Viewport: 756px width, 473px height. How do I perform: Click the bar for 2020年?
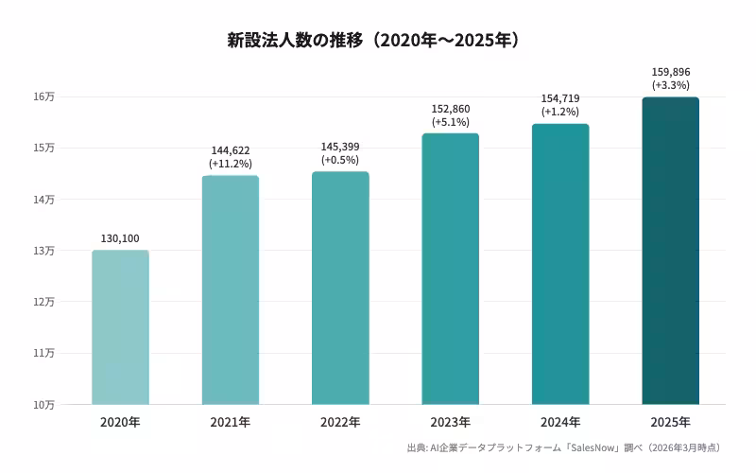(x=121, y=327)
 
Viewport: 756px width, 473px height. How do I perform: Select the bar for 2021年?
(x=231, y=290)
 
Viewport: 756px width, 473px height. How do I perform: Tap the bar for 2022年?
(x=340, y=289)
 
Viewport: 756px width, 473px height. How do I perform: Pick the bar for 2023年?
(x=451, y=269)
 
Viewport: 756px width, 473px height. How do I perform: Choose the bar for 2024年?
(x=560, y=264)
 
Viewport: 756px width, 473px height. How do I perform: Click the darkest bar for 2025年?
(x=671, y=251)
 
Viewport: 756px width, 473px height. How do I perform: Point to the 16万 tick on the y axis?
(x=43, y=96)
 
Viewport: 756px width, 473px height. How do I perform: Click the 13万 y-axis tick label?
(x=43, y=251)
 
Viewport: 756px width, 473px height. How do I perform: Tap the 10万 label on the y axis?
(x=43, y=405)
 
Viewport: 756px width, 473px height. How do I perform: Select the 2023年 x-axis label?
(x=451, y=422)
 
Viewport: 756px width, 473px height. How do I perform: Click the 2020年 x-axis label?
(x=121, y=422)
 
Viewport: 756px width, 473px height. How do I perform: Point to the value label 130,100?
(x=120, y=238)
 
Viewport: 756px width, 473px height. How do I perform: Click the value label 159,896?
(x=671, y=72)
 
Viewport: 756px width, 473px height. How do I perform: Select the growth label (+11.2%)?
(x=231, y=164)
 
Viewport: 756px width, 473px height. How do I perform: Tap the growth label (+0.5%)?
(x=340, y=160)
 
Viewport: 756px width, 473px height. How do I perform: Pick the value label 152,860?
(x=451, y=109)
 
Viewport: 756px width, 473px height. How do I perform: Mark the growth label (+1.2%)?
(x=560, y=112)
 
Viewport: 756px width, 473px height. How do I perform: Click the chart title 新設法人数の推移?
(x=295, y=40)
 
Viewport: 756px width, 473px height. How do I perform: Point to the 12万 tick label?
(x=43, y=302)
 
